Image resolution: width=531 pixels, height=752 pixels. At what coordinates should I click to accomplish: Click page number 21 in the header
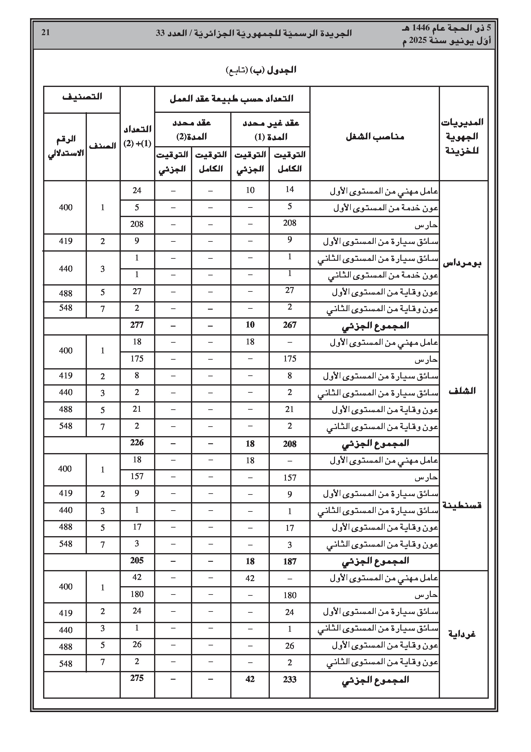point(46,32)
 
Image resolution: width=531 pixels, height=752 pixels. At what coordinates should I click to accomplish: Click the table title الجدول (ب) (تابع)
point(261,71)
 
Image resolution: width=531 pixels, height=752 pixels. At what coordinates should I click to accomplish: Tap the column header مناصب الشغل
point(375,137)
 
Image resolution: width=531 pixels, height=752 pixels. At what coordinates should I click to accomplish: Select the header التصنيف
point(82,97)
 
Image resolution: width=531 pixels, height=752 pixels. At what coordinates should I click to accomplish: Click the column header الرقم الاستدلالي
point(66,146)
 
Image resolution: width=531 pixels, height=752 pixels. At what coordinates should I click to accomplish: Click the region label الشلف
point(462,391)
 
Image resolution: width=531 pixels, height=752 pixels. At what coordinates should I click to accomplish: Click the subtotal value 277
point(137,325)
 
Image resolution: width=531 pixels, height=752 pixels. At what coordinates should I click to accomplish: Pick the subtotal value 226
point(137,443)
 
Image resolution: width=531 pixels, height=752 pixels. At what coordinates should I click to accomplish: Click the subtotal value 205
point(137,560)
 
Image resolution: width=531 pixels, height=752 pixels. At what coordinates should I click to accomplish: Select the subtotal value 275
point(137,678)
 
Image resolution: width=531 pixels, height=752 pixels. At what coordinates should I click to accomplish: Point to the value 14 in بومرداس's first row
point(289,190)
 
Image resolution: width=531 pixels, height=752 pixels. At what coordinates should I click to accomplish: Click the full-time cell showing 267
point(289,325)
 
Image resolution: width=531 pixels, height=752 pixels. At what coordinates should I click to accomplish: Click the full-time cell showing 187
point(289,561)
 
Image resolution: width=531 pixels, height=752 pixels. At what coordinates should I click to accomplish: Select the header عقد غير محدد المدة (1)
point(270,130)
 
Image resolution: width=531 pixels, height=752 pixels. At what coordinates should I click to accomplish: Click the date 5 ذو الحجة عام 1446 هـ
point(447,28)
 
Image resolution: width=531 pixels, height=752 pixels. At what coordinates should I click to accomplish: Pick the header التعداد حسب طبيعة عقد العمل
point(231,99)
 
